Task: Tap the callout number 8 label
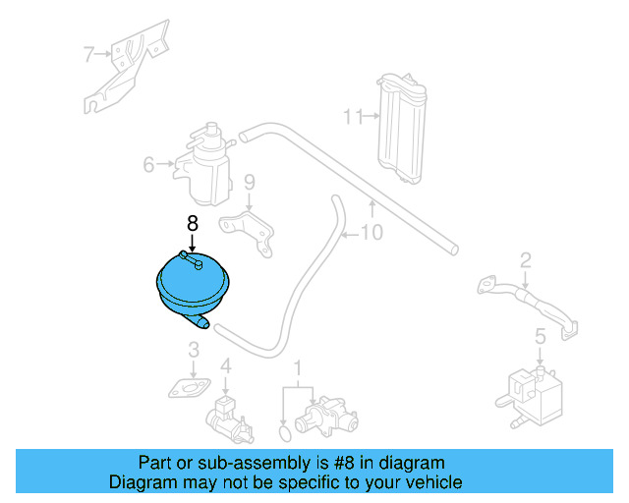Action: click(193, 223)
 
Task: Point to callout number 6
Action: click(148, 164)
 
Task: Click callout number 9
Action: click(249, 182)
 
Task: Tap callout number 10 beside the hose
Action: click(372, 233)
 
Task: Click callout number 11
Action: click(352, 117)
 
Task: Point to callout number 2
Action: click(526, 259)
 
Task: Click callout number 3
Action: click(195, 349)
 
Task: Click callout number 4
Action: click(225, 367)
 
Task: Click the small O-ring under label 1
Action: click(285, 429)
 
